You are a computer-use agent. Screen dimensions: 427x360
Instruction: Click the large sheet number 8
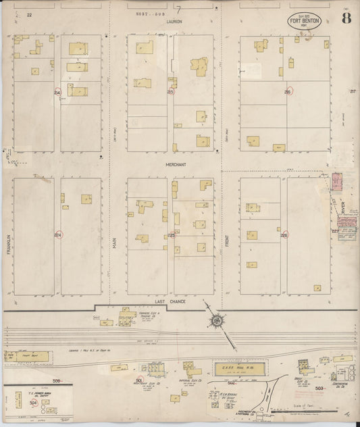click(345, 18)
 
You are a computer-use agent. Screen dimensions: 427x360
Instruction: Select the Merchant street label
click(176, 164)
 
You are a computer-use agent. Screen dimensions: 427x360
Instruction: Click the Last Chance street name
click(169, 301)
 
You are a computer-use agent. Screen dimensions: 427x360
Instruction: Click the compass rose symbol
click(217, 320)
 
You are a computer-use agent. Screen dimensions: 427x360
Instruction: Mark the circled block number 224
click(57, 234)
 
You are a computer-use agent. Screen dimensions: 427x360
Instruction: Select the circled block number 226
click(284, 236)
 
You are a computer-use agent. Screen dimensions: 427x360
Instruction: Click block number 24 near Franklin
click(57, 92)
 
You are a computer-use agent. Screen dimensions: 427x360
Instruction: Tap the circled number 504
click(33, 403)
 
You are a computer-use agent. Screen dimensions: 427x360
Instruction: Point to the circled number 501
click(139, 380)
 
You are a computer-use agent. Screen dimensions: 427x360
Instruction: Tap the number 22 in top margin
click(29, 14)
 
